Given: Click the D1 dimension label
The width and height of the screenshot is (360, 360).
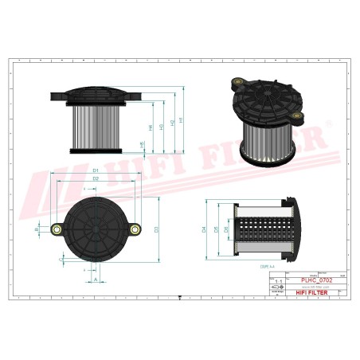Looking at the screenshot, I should [x=95, y=170].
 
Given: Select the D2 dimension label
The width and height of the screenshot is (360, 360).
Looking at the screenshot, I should [x=95, y=179].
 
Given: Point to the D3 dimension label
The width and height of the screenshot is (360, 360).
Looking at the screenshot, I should [x=157, y=229].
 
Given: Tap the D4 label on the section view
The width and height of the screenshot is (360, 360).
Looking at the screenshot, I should [x=205, y=229].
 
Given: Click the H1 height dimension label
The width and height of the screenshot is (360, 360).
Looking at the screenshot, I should [x=182, y=120].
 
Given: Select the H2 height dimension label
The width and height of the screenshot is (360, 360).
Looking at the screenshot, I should [x=172, y=123].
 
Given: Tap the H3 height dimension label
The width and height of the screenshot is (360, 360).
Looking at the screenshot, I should [x=162, y=126].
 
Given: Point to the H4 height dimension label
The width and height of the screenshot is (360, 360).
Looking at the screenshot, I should [x=151, y=128].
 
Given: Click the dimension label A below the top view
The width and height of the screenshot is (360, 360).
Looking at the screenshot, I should [x=95, y=280].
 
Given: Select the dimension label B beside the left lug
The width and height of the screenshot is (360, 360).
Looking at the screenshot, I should [x=37, y=229].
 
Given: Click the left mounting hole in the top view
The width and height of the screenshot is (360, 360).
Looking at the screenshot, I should [x=57, y=230].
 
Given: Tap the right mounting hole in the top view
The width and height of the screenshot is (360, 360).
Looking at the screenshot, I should [x=135, y=230].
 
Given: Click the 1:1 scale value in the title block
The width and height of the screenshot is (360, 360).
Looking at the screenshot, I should [x=278, y=282].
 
